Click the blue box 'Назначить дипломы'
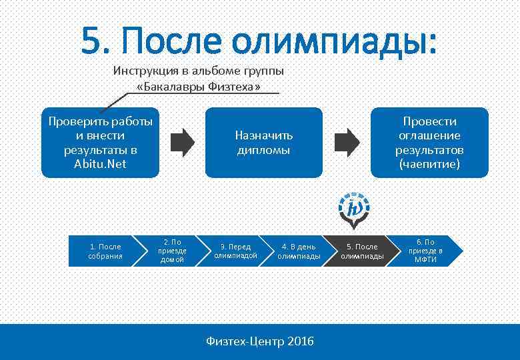click(x=263, y=142)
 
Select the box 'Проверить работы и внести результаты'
click(x=101, y=142)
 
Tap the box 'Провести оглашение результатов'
click(x=429, y=142)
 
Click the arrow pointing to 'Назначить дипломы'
click(x=183, y=141)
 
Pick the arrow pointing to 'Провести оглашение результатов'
click(x=346, y=141)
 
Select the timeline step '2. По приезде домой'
click(x=172, y=251)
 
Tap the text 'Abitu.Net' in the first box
click(x=100, y=163)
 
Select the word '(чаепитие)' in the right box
click(x=429, y=163)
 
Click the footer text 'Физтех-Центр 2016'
click(x=260, y=341)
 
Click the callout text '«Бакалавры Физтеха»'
click(x=198, y=87)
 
